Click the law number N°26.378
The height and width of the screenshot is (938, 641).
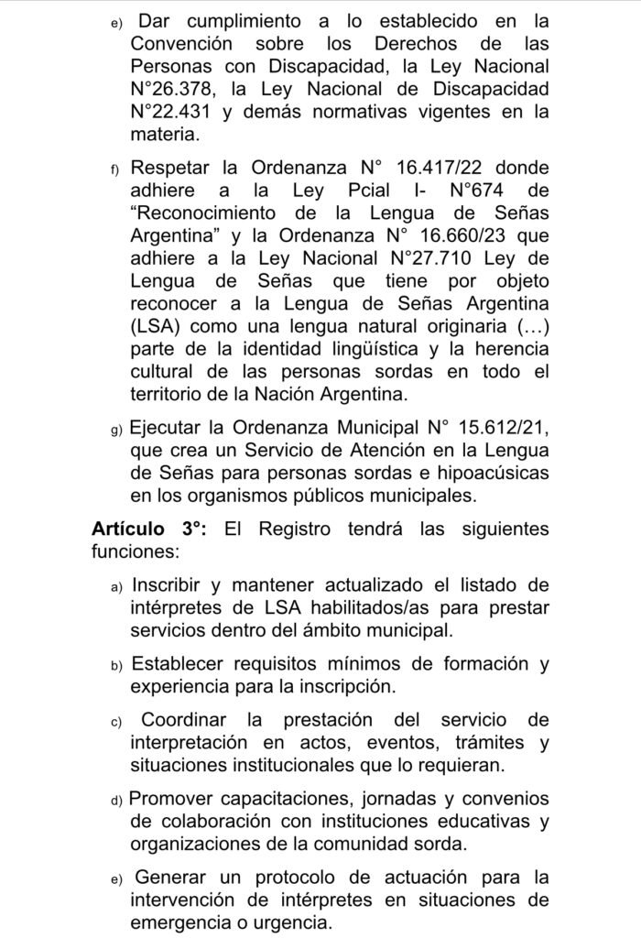pos(178,89)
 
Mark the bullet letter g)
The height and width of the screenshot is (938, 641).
pos(116,429)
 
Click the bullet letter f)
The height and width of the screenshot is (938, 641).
pos(116,169)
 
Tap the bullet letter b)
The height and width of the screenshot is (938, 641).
pos(116,663)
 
